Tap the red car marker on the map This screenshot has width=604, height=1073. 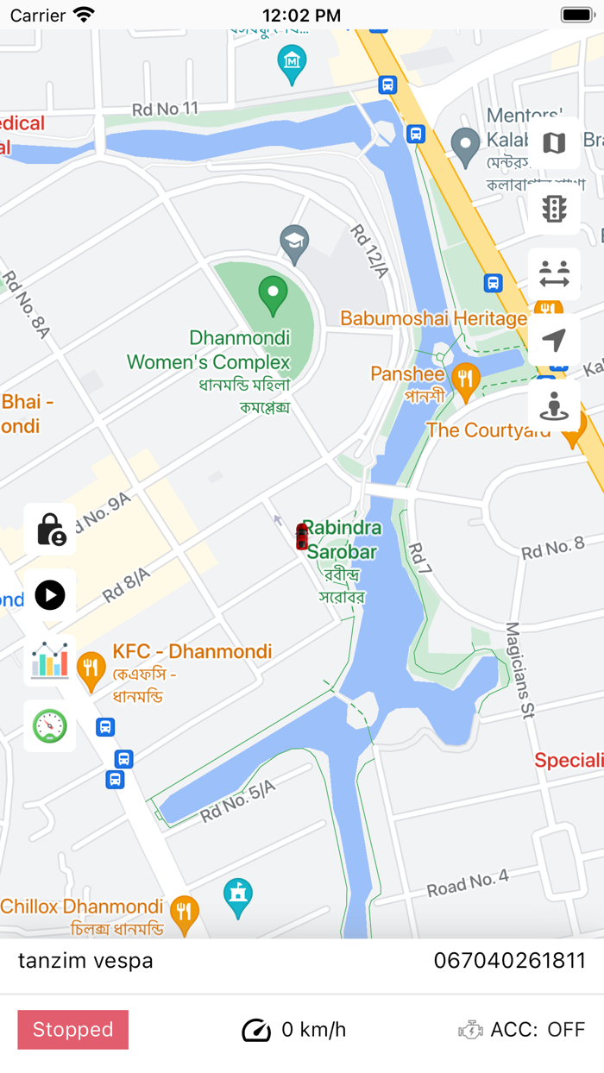pyautogui.click(x=301, y=536)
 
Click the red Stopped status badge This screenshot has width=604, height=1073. pyautogui.click(x=73, y=1029)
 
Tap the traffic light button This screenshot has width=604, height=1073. pyautogui.click(x=554, y=209)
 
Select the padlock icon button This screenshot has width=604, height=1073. pyautogui.click(x=50, y=529)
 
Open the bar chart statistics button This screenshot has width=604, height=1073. pyautogui.click(x=50, y=661)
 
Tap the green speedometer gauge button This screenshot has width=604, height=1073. pyautogui.click(x=50, y=726)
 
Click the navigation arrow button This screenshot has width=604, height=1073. pyautogui.click(x=554, y=340)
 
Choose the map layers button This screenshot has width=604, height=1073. pyautogui.click(x=554, y=143)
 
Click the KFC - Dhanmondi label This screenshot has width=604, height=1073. pyautogui.click(x=192, y=652)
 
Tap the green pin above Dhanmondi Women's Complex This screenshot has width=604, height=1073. pyautogui.click(x=274, y=295)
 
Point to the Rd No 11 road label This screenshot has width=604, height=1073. pyautogui.click(x=165, y=109)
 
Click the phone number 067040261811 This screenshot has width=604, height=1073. pyautogui.click(x=509, y=960)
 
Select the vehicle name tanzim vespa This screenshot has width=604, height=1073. pyautogui.click(x=85, y=960)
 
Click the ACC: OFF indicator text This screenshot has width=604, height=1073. pyautogui.click(x=537, y=1029)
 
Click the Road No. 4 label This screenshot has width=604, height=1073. pyautogui.click(x=468, y=884)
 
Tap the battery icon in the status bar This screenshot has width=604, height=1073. pyautogui.click(x=576, y=15)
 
